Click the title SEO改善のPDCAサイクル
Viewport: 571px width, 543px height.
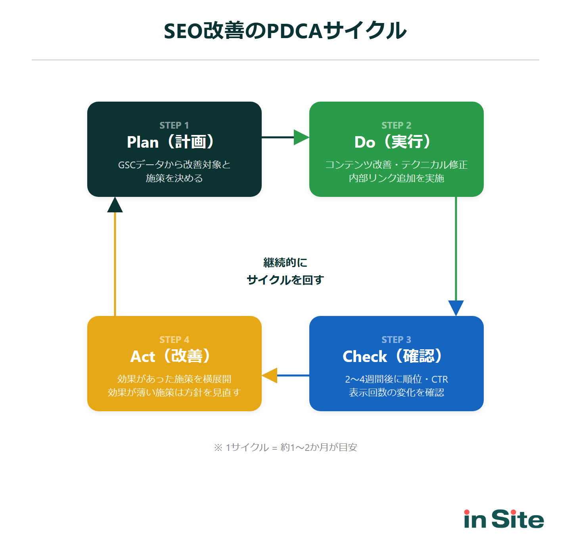coord(285,31)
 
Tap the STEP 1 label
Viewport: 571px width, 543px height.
coord(174,125)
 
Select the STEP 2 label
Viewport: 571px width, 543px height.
coord(396,125)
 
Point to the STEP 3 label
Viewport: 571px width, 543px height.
coord(396,340)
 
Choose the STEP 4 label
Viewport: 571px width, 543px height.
coord(174,340)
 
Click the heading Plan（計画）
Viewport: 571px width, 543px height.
coord(171,142)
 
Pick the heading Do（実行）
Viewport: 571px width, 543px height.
coord(393,142)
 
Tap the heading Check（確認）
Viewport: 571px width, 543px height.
coord(393,356)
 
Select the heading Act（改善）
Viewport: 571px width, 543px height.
coord(171,356)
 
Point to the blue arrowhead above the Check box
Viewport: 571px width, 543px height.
coord(456,308)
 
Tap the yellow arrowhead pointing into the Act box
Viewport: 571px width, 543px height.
coord(270,375)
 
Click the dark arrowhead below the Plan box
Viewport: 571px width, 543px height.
coord(115,205)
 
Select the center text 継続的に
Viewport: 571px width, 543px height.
coord(285,262)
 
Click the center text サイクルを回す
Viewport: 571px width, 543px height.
coord(285,280)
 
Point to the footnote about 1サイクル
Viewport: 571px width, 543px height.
coord(285,447)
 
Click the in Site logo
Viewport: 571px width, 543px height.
coord(504,519)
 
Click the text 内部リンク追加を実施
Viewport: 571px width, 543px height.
coord(396,178)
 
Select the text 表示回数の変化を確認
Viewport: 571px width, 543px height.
coord(396,393)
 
